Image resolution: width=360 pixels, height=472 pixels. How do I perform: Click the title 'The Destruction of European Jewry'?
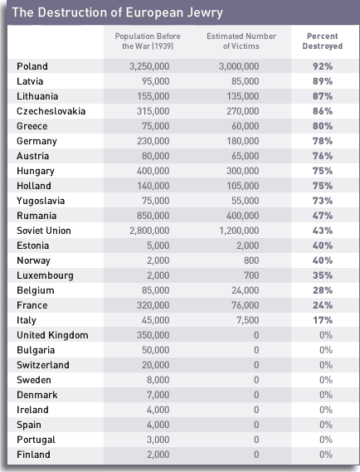click(118, 13)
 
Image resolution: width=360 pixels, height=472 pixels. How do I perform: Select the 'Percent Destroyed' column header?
click(323, 41)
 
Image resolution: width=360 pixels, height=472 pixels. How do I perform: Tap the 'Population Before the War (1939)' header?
click(148, 41)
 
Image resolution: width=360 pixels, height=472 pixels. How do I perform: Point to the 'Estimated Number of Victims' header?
click(241, 41)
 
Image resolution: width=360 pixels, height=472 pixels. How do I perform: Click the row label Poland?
click(32, 66)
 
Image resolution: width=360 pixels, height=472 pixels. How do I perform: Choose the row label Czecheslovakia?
click(51, 111)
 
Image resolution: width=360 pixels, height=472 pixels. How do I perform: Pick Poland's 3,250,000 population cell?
click(149, 66)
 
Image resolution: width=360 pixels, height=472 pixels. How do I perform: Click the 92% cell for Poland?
click(323, 66)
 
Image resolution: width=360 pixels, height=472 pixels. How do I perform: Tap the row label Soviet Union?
click(44, 231)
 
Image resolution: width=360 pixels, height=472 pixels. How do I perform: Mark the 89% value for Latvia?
click(323, 81)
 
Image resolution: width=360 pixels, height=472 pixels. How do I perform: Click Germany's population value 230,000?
click(153, 141)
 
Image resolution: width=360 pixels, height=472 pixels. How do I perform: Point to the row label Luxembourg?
click(45, 275)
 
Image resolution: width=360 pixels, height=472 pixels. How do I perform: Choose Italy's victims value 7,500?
click(248, 320)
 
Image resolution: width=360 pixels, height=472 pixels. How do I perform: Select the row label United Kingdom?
click(53, 335)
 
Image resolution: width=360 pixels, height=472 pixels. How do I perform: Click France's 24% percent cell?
click(323, 305)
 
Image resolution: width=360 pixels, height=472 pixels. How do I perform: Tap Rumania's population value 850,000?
click(153, 216)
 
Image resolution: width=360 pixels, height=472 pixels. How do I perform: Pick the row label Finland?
click(33, 455)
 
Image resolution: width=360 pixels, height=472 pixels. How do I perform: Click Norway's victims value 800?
click(251, 260)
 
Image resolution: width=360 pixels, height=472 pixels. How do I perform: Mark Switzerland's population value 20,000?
click(156, 365)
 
